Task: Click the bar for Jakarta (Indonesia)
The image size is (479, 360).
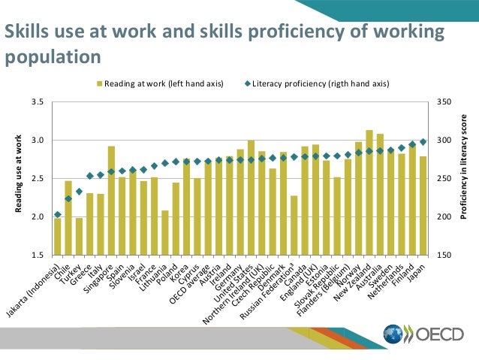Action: pos(58,237)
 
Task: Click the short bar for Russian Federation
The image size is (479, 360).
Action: pos(294,225)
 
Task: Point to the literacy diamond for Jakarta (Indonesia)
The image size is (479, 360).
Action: pos(58,215)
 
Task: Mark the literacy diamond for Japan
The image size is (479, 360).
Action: pos(423,142)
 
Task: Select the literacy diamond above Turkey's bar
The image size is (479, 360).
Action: pos(79,192)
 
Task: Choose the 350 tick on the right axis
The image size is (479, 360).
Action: pos(444,101)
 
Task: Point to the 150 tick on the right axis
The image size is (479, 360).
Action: pos(444,256)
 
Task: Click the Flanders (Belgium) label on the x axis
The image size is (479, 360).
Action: pos(323,289)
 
